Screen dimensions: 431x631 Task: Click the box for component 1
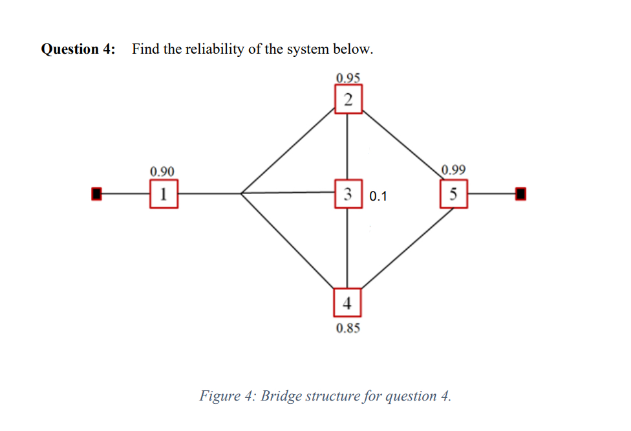pyautogui.click(x=164, y=193)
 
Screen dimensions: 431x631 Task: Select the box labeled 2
pyautogui.click(x=348, y=100)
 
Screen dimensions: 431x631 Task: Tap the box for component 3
pyautogui.click(x=348, y=193)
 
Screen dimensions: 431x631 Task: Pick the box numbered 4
pyautogui.click(x=348, y=302)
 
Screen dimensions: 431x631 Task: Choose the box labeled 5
pyautogui.click(x=454, y=193)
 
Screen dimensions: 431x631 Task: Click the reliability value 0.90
pyautogui.click(x=162, y=171)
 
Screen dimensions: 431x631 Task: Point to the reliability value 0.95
pyautogui.click(x=348, y=78)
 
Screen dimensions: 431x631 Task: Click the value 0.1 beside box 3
pyautogui.click(x=378, y=196)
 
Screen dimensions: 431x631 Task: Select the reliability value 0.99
pyautogui.click(x=454, y=171)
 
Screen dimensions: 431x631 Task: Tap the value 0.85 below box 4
pyautogui.click(x=348, y=328)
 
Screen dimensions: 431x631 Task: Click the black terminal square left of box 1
pyautogui.click(x=96, y=193)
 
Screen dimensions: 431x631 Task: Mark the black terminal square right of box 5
pyautogui.click(x=520, y=193)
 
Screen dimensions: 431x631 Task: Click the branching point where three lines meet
pyautogui.click(x=242, y=193)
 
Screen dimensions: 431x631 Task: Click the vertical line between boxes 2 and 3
pyautogui.click(x=348, y=146)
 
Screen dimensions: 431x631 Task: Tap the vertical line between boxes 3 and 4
pyautogui.click(x=348, y=247)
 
